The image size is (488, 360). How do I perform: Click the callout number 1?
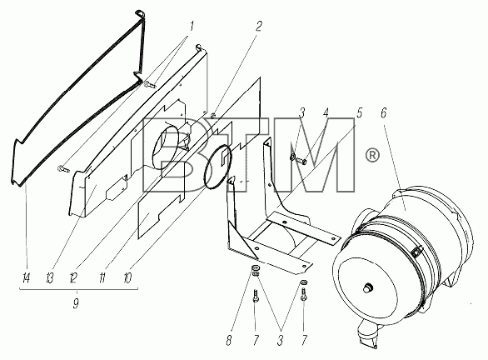(192, 27)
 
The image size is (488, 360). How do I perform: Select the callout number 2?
(258, 27)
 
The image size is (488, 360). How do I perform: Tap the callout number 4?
(326, 112)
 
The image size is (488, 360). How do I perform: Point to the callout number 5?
(359, 112)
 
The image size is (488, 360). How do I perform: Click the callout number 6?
(383, 112)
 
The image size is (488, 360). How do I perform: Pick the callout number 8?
(229, 340)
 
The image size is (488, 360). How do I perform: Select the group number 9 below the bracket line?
(76, 303)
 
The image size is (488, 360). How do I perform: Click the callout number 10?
(127, 277)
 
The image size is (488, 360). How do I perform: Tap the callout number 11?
(102, 277)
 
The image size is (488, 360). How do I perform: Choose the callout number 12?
(73, 277)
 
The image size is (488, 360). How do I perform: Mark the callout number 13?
(50, 277)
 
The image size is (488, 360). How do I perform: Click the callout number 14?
(26, 277)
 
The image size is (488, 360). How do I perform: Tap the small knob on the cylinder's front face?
(368, 288)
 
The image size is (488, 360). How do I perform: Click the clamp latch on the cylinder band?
(416, 252)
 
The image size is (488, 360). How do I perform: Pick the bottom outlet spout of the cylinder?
(367, 335)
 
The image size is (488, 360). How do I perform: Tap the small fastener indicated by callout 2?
(213, 115)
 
